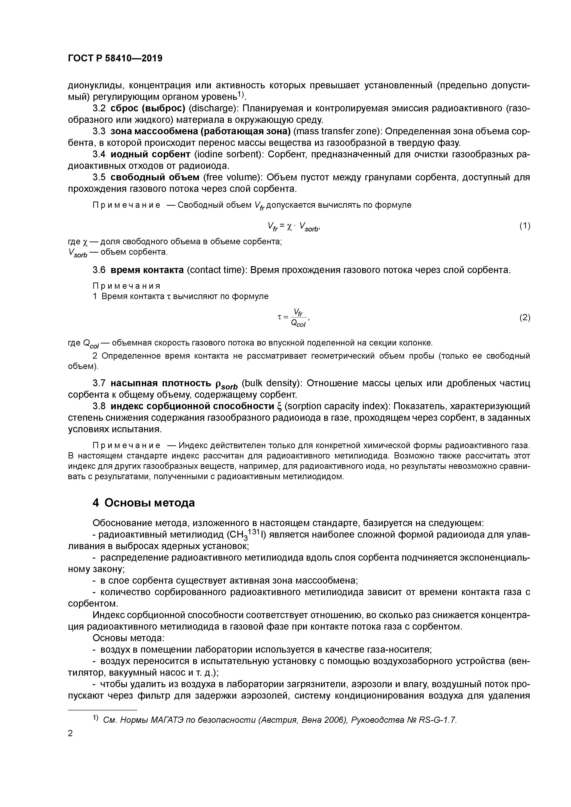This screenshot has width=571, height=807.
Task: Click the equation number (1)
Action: pos(524,226)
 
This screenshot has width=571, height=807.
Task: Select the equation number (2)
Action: pos(524,318)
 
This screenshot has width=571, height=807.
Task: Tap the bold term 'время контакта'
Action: pos(147,270)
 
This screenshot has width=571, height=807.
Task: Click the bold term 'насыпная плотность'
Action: pos(161,383)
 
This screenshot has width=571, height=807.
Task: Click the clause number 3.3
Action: pos(99,131)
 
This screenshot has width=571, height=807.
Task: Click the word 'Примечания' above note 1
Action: pos(126,286)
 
